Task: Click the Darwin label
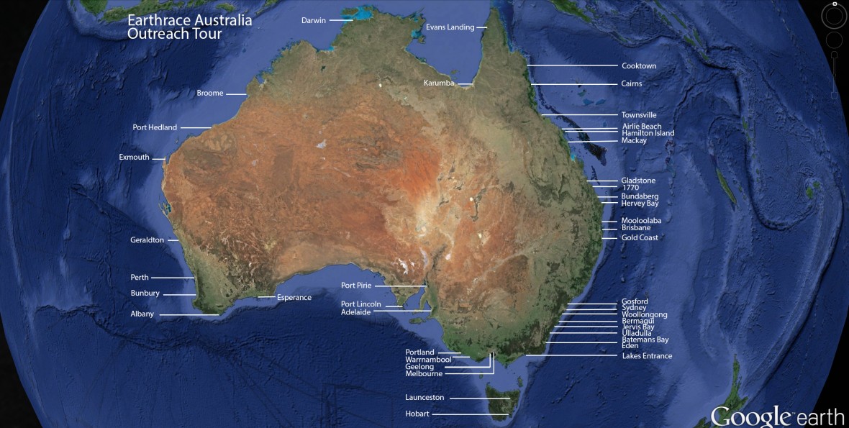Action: [x=313, y=20]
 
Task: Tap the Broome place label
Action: [x=210, y=93]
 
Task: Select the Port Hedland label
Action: [x=155, y=127]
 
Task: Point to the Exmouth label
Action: [x=134, y=157]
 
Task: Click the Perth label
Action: [x=140, y=278]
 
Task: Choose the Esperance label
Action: [x=294, y=297]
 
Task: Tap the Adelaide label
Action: [x=355, y=312]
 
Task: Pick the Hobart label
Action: [x=417, y=414]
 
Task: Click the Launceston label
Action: [x=424, y=397]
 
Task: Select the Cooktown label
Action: [x=639, y=66]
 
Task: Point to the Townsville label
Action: [x=639, y=115]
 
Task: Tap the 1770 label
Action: [x=630, y=188]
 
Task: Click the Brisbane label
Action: [x=636, y=228]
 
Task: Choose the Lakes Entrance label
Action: [x=647, y=356]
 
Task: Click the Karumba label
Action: [x=439, y=83]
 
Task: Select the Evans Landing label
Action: [x=450, y=27]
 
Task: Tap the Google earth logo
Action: [x=777, y=416]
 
